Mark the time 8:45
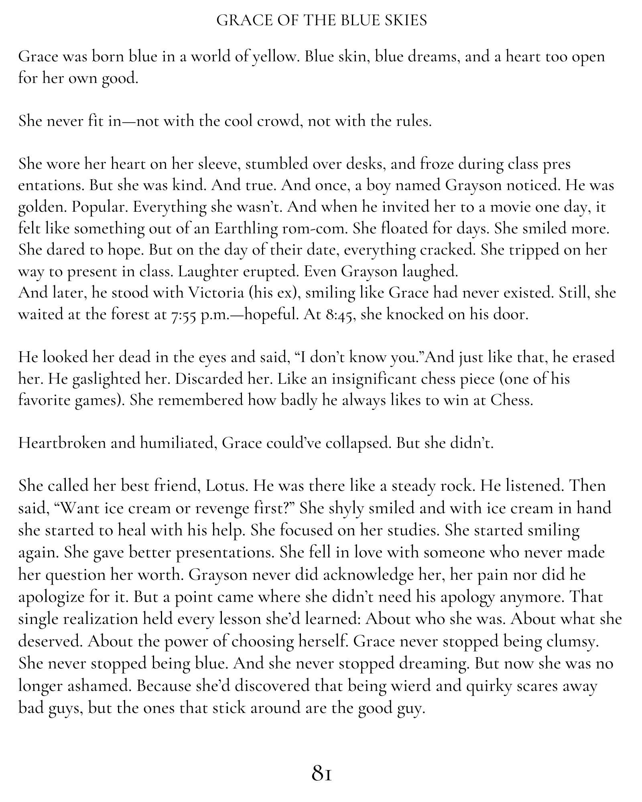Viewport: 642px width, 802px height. click(340, 315)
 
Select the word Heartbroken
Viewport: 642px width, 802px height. click(61, 444)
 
